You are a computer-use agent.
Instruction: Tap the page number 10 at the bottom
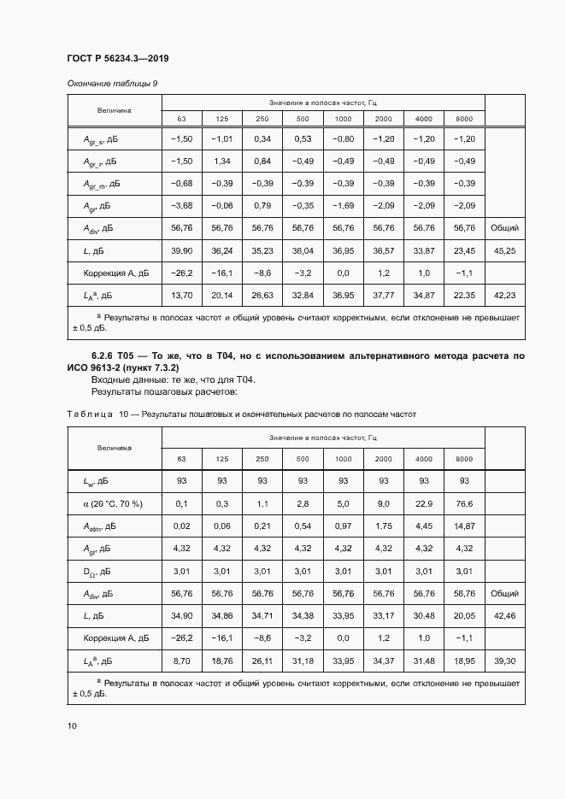72,726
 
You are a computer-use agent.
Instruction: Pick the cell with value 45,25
503,251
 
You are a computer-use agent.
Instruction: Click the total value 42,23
503,296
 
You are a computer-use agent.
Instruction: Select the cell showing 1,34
222,162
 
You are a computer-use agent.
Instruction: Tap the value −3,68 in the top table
181,206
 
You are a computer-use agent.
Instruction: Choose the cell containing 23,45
464,251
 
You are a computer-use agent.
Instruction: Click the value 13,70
181,296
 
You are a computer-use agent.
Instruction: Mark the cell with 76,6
464,504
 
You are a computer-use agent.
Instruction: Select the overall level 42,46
503,615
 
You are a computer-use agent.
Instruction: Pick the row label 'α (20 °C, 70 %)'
113,504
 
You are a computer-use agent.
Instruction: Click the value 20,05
464,615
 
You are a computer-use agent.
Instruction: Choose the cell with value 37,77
383,296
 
